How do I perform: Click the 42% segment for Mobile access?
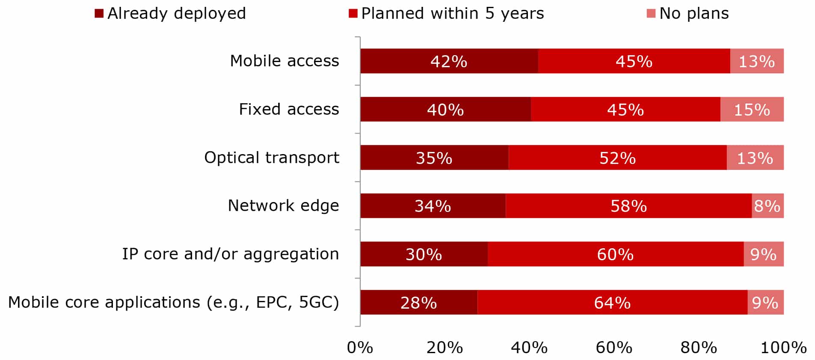tap(449, 61)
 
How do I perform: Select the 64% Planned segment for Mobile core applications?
tap(612, 303)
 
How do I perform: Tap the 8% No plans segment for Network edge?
tap(768, 206)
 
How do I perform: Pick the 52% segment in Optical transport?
tap(617, 158)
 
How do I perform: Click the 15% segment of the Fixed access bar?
tap(752, 110)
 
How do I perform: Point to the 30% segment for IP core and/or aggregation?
tap(424, 254)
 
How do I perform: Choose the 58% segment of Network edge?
tap(628, 206)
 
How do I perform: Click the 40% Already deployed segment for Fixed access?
tap(445, 110)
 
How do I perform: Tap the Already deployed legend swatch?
tap(99, 14)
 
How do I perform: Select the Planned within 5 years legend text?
tap(452, 14)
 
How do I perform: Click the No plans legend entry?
tap(693, 14)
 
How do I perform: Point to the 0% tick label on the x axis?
tap(360, 348)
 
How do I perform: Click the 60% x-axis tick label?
tap(614, 348)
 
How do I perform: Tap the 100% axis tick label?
tap(783, 348)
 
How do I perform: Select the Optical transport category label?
tap(271, 158)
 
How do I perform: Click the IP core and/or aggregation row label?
tap(230, 254)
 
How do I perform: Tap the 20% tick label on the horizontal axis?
tap(445, 348)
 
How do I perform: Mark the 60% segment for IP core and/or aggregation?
tap(615, 254)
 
